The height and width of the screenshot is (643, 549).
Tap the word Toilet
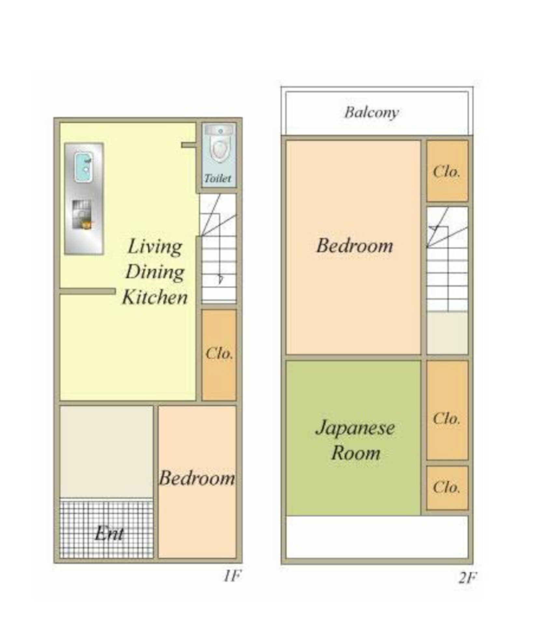[217, 178]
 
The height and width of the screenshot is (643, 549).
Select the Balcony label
[371, 113]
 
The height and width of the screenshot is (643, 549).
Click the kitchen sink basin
[83, 167]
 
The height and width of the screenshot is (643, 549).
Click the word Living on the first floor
[155, 247]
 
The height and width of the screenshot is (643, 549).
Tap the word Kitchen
[155, 297]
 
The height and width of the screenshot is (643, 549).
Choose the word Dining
[155, 272]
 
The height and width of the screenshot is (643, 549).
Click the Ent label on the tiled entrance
[109, 534]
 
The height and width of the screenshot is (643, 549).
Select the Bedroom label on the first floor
[197, 478]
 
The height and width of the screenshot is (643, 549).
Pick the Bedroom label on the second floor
[355, 246]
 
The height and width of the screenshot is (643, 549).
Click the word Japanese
[355, 428]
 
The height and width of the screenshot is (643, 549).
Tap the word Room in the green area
[356, 453]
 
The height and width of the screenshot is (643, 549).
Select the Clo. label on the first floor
[219, 353]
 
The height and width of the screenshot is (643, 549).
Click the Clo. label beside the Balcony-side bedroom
[446, 171]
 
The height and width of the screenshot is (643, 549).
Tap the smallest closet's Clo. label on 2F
[446, 487]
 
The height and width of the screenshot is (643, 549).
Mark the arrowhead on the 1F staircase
[220, 279]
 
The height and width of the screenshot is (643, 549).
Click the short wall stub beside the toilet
[188, 145]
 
